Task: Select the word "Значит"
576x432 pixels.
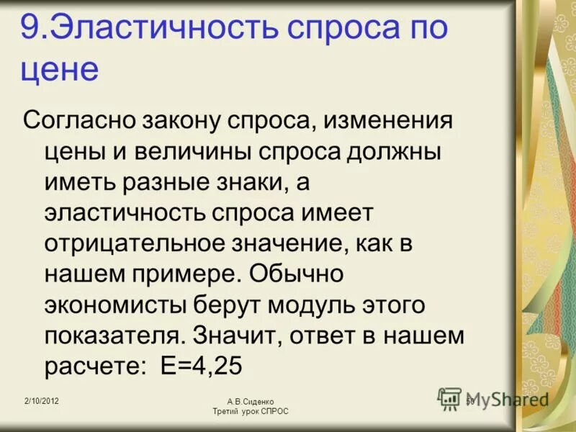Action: click(237, 336)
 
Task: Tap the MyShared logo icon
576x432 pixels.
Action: click(450, 398)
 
